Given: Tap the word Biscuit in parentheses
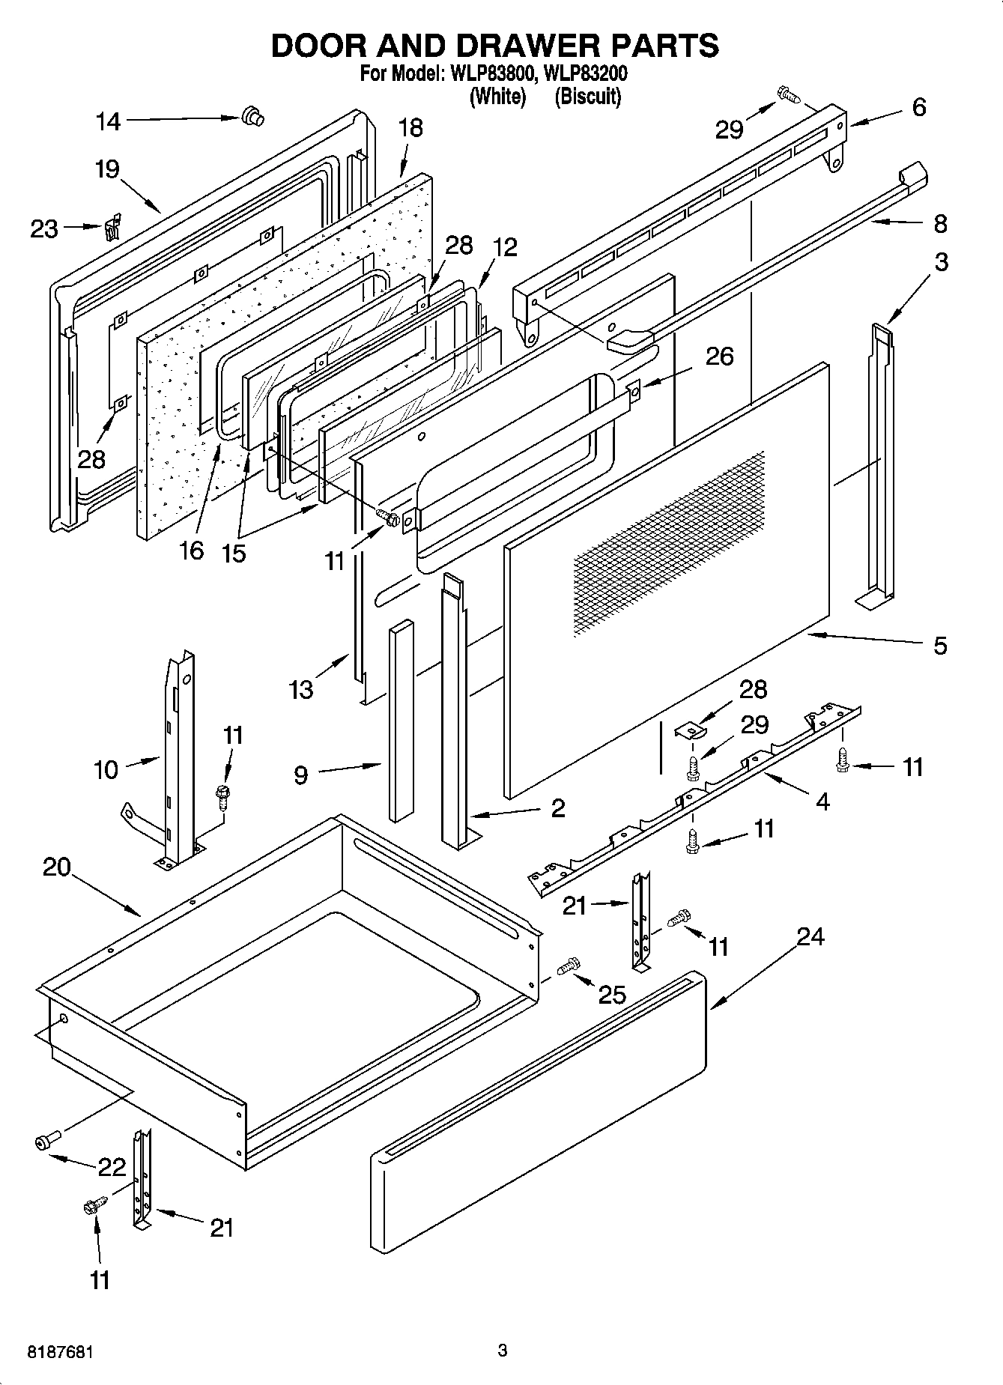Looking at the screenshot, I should tap(588, 96).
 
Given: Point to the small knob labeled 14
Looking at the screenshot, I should tap(253, 116).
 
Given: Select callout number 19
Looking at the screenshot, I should tap(107, 169).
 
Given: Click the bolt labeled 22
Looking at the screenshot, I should tap(45, 1142).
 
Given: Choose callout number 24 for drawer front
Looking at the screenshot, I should tap(810, 936).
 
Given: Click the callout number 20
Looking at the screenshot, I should tap(56, 867).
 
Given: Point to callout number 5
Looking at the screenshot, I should tap(940, 646).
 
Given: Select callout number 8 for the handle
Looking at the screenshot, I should tap(940, 223).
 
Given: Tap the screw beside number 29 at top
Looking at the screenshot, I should tap(788, 94).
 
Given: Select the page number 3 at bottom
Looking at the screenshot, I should tap(502, 1351).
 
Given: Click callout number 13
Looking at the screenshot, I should tap(301, 689).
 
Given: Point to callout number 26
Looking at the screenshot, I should tap(719, 356).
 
